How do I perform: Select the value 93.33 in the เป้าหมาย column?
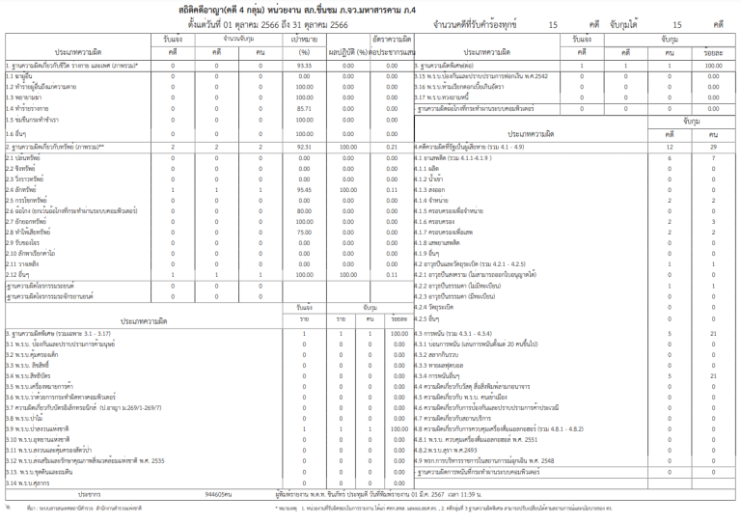click(x=304, y=66)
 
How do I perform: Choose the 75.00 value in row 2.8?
click(x=304, y=233)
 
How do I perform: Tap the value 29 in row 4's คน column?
click(x=712, y=145)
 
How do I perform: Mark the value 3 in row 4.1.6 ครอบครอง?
click(x=712, y=222)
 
